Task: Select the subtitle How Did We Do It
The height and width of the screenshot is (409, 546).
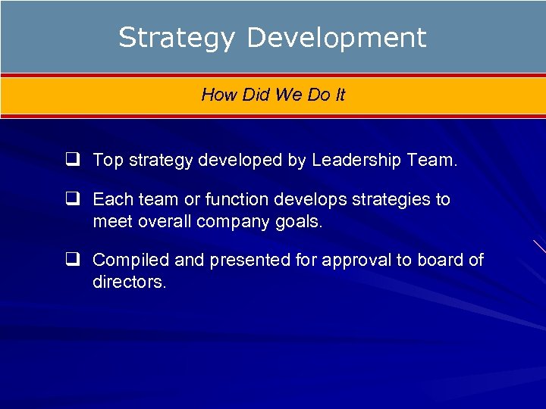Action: point(273,95)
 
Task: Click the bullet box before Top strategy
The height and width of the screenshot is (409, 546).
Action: point(74,160)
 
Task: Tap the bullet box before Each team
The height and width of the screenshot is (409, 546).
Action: point(74,200)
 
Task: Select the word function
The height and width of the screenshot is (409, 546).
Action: point(235,200)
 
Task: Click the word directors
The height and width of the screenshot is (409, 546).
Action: point(129,282)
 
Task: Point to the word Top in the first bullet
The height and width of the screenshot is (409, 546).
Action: point(107,160)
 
